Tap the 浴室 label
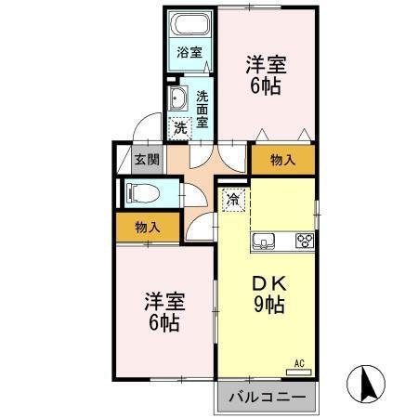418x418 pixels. coord(189,53)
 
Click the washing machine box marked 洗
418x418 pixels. coord(181,126)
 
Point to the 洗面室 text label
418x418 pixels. coord(202,104)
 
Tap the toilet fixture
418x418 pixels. coord(139,194)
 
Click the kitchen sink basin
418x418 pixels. coord(263,242)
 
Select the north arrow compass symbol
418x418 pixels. coord(365,382)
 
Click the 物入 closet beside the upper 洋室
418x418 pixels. coord(282,160)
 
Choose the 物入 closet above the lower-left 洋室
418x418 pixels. coord(147,226)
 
